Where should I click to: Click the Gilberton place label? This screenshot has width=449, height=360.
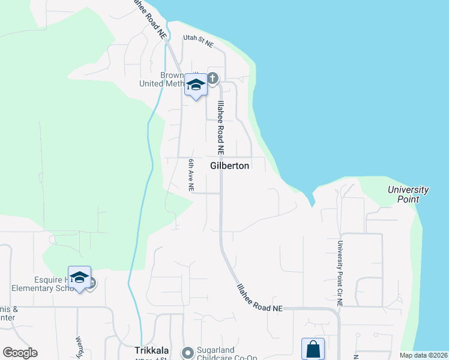pos(229,166)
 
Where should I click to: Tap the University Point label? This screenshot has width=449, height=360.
pos(408,194)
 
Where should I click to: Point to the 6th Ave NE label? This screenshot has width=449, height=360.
pos(191,175)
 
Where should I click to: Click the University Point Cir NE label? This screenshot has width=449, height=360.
pos(340,274)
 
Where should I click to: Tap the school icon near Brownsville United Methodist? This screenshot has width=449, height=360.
pos(196,85)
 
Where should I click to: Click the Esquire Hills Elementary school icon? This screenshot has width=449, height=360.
pos(79,278)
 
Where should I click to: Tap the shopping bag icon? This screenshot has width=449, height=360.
pos(313,349)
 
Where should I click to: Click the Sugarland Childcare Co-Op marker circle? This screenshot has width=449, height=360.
pos(187,352)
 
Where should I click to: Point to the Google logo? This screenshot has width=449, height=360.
pos(20,353)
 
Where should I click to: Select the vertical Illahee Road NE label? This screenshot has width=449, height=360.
pos(221,126)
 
